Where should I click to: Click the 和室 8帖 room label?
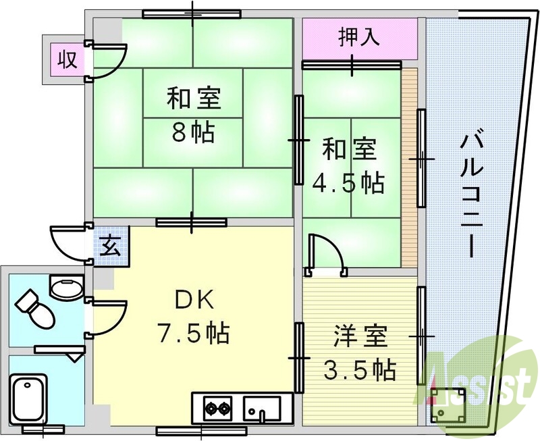coord(194,113)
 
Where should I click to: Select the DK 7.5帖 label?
coord(193,315)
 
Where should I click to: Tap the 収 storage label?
coord(65,59)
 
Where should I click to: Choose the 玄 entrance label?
coord(111,244)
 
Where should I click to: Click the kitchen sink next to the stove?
coord(263,407)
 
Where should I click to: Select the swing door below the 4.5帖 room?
coord(325,255)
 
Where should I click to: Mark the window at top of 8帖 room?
coord(192,14)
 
